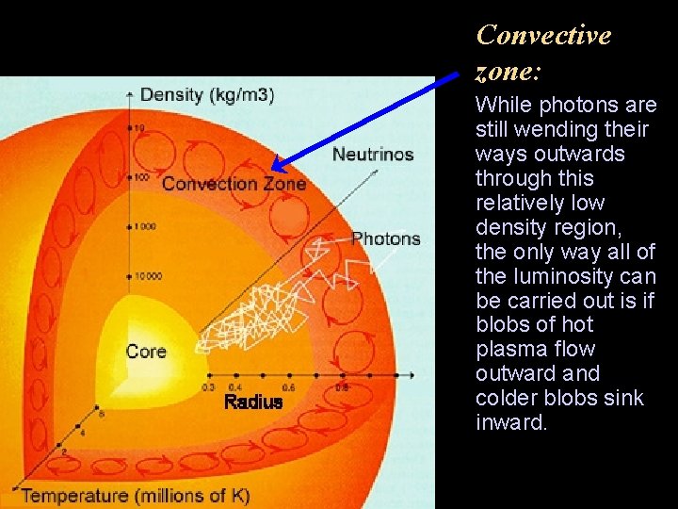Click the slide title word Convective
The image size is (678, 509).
543,36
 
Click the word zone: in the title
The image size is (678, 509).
507,72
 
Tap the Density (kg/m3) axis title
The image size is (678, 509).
206,94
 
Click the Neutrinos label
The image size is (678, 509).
373,155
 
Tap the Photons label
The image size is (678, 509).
386,238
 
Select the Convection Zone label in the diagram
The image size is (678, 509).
234,184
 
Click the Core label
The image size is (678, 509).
146,352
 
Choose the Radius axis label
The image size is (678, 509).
252,402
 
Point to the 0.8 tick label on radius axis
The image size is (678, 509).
342,387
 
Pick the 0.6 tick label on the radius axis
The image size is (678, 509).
289,387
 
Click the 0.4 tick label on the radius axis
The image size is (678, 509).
235,387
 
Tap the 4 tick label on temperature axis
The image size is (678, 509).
81,434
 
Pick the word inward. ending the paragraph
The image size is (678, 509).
510,423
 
